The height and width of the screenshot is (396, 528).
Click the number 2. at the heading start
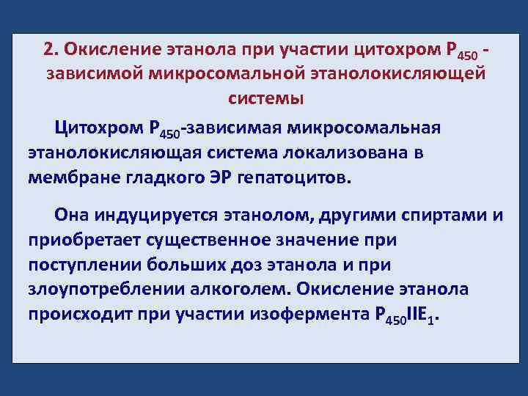(x=50, y=49)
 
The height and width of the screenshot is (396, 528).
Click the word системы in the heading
(x=263, y=98)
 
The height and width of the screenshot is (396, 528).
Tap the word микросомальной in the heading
(x=213, y=73)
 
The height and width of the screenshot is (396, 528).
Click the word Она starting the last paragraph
(x=72, y=215)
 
